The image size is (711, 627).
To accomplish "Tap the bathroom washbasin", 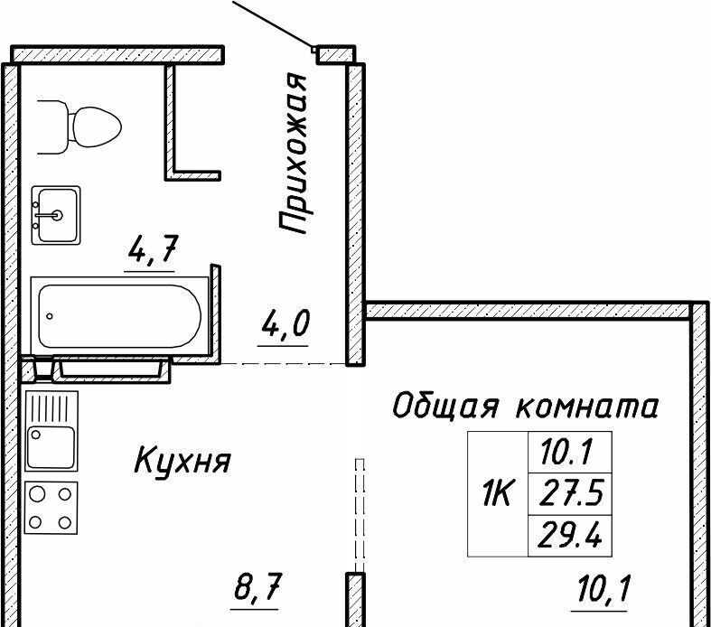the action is point(56,215).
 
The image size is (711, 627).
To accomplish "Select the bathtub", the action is point(120,315).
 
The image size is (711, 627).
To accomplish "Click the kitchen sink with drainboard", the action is point(51,431).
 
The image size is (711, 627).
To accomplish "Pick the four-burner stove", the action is point(51,508).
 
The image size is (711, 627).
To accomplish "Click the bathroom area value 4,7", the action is point(152,249).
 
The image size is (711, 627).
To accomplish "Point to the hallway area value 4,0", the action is point(285,323).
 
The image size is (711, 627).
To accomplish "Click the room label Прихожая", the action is point(293,154).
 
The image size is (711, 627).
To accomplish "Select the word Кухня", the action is point(182,461).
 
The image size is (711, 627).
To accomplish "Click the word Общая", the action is point(446,406).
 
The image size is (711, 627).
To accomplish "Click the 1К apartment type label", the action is point(498,494).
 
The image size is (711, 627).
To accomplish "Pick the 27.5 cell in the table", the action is point(570,494).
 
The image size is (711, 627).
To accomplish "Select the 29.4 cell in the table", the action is point(570,536).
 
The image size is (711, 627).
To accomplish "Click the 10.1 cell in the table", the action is point(570,453).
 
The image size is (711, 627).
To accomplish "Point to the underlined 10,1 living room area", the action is point(604,588).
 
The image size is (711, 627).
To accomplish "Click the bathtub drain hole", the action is point(50,316).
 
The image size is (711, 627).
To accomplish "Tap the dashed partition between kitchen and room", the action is point(360,515).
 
